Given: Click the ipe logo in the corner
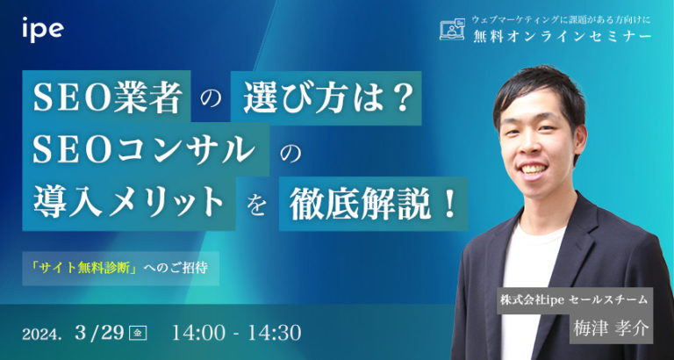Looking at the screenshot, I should [x=42, y=28].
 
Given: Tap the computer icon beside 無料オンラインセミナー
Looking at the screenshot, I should [x=451, y=30].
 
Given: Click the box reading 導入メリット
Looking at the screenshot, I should [x=127, y=205].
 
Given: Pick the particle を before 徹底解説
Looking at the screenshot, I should [x=257, y=208].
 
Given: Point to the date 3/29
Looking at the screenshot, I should [x=101, y=333].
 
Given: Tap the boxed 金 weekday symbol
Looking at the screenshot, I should [x=136, y=334].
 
